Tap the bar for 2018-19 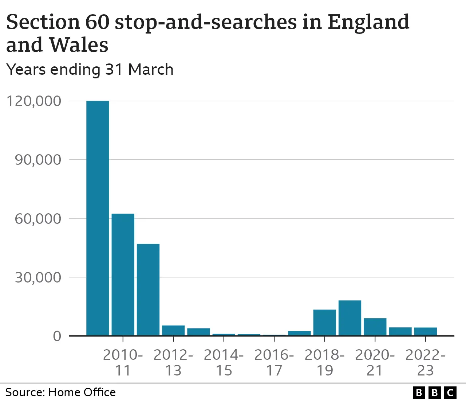tap(324, 323)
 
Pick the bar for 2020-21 tap(375, 327)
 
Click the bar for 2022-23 tap(425, 332)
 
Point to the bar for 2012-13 tap(173, 330)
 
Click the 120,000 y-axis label tap(34, 101)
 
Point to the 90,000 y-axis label tap(38, 160)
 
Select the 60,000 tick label tap(38, 219)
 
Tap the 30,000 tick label tap(38, 277)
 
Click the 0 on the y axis tap(57, 336)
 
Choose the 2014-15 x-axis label tap(224, 362)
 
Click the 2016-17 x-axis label tap(274, 362)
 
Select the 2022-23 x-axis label tap(425, 362)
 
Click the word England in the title tap(368, 22)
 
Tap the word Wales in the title tap(78, 45)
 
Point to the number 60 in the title tap(97, 22)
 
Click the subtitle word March tap(151, 69)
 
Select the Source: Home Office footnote tap(60, 392)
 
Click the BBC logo tap(435, 392)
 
